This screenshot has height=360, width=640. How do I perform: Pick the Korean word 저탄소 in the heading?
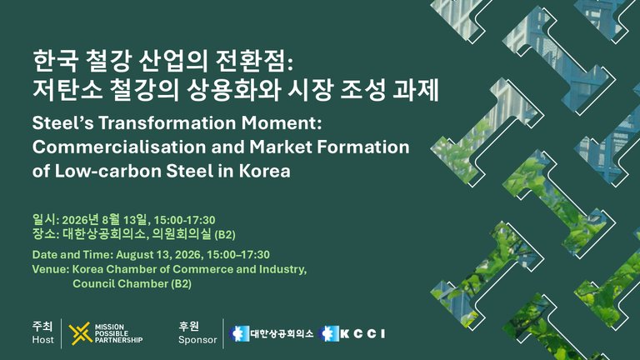point(67,90)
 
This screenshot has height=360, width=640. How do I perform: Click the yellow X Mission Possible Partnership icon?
point(80,333)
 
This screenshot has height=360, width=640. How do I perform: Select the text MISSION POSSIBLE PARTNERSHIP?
point(118,333)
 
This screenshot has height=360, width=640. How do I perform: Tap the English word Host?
point(42,340)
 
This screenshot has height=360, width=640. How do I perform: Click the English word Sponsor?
point(197,340)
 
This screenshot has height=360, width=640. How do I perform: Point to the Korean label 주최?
point(42,326)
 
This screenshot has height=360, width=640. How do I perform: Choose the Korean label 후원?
point(188,326)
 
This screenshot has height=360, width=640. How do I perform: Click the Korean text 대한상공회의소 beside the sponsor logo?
point(282,334)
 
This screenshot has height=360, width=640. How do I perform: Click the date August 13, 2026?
point(159,255)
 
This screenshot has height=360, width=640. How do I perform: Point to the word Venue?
point(51,269)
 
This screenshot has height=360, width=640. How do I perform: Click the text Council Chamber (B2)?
point(132,283)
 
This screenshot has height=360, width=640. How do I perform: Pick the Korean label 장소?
point(46,234)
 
